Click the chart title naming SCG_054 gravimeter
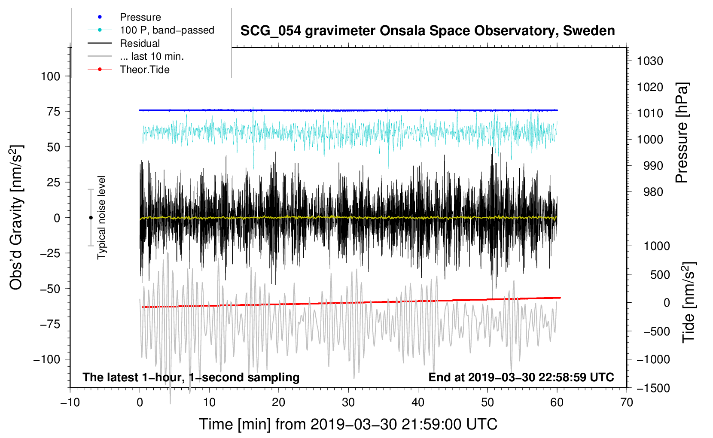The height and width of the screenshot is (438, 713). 427,31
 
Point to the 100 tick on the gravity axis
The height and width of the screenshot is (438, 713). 50,76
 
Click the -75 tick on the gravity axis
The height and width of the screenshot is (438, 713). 50,324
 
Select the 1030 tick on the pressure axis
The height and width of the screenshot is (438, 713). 650,61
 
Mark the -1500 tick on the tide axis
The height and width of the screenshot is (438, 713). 653,388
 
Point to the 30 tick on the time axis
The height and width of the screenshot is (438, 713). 348,402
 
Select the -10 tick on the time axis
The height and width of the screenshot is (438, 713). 70,402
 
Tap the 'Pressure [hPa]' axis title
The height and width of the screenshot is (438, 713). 682,133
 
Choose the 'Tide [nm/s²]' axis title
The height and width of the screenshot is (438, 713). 689,302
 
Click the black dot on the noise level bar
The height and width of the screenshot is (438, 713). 91,218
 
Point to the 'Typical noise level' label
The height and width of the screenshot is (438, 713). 101,217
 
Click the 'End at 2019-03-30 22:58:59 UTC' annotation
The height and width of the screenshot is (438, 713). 521,377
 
